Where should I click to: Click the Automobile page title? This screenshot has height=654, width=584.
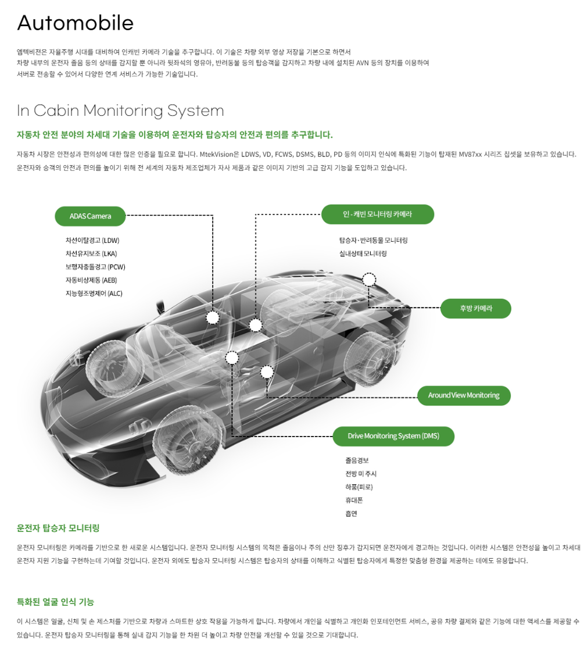[x=76, y=23]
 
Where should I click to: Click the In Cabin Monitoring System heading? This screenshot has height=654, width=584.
[x=120, y=110]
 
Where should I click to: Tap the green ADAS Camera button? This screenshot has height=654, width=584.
[x=90, y=216]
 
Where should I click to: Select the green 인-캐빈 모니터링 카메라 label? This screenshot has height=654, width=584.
[x=377, y=215]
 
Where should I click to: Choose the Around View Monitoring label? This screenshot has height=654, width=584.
[x=463, y=395]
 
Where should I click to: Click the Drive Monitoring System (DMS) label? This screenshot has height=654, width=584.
[x=393, y=436]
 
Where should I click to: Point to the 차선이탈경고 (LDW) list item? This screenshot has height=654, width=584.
[x=92, y=240]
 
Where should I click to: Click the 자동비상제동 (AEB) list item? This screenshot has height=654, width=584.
[x=91, y=280]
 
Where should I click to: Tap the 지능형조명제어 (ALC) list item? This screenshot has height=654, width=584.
[x=94, y=294]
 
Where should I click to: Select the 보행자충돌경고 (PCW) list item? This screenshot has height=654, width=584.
[x=95, y=267]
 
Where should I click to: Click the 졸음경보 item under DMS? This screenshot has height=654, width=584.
[x=357, y=460]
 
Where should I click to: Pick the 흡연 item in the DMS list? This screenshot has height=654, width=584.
[x=351, y=514]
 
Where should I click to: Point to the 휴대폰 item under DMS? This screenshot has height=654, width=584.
[x=354, y=501]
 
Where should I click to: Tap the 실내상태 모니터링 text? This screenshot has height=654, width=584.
[x=363, y=253]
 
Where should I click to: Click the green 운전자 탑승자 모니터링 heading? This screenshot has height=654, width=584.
[x=58, y=528]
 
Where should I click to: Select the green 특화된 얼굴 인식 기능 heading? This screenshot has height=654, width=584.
[x=55, y=602]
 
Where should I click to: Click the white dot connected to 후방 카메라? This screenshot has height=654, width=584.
[x=369, y=280]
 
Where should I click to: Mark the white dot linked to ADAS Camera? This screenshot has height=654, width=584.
[x=213, y=317]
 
